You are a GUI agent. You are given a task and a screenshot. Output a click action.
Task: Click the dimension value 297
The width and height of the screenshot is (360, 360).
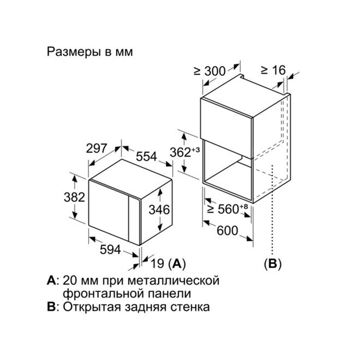(96, 148)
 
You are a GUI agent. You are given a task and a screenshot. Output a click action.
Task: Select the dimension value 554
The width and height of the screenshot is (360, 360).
(146, 157)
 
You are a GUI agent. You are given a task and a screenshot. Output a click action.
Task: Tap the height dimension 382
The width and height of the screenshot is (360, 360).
(74, 197)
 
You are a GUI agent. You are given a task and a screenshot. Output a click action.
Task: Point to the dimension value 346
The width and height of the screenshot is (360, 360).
(159, 210)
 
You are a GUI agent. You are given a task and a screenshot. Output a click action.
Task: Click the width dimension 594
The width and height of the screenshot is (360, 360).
(110, 250)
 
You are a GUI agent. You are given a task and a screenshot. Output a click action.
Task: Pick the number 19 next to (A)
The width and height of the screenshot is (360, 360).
(157, 263)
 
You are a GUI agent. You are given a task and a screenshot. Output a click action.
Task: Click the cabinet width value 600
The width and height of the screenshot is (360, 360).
(227, 231)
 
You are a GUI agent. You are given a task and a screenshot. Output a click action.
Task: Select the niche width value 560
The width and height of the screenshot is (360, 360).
(228, 209)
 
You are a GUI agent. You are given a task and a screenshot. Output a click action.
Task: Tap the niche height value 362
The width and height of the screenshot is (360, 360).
(180, 152)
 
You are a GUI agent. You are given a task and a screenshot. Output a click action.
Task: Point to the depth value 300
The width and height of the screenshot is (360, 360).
(215, 71)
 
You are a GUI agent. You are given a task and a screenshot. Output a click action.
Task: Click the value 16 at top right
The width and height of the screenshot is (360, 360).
(279, 70)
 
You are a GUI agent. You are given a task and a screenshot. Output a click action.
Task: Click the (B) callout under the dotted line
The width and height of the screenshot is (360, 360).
(272, 264)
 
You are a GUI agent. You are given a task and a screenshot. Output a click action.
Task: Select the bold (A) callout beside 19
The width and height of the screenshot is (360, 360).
(177, 264)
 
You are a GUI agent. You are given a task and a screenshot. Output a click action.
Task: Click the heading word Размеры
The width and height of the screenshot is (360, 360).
(74, 52)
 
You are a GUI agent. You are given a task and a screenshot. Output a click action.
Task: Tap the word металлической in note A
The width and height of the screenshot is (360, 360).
(173, 281)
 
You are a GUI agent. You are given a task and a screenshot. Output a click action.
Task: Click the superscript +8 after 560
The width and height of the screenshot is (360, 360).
(244, 206)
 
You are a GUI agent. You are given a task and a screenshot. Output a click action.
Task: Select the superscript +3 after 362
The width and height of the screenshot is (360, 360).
(196, 150)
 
